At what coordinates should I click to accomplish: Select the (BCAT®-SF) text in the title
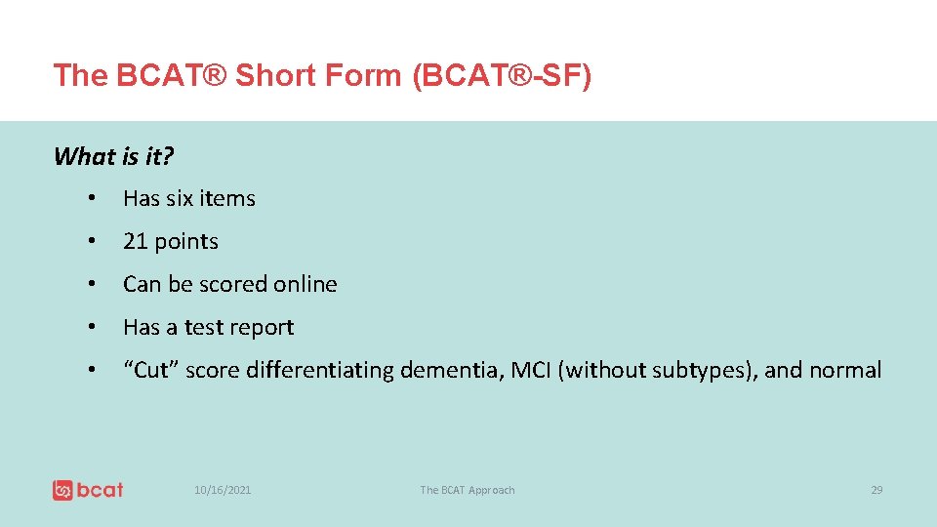click(502, 75)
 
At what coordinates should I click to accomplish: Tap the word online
click(305, 284)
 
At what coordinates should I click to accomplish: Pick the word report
click(262, 327)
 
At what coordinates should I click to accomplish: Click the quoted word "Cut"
click(149, 370)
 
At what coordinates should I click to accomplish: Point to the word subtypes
click(698, 371)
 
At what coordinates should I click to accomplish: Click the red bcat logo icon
click(63, 490)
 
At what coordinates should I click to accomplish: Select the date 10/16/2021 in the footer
click(223, 490)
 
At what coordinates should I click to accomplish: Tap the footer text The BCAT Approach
click(467, 490)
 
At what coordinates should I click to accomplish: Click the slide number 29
click(876, 490)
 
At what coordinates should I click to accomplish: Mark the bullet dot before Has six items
click(90, 199)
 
